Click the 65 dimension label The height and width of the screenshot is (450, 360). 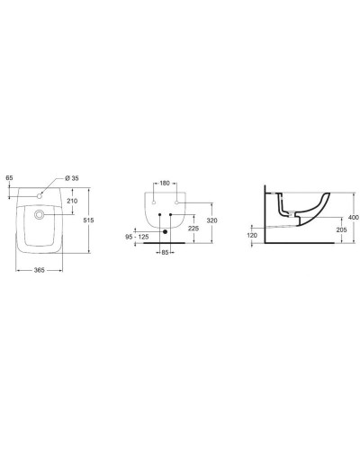(9, 179)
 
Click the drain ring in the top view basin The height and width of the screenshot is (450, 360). (40, 215)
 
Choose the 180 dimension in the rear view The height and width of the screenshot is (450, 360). (163, 184)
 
